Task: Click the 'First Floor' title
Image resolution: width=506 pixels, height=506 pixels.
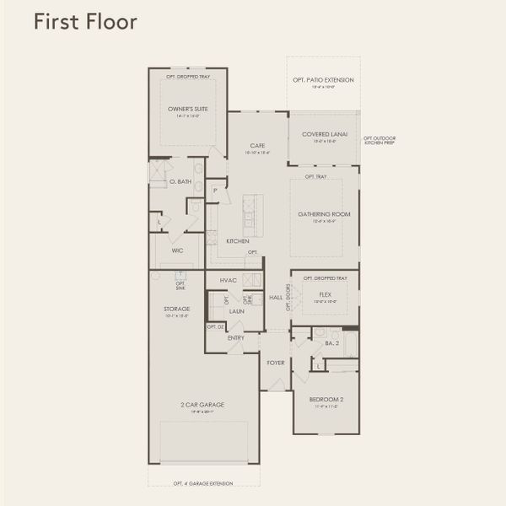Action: [x=85, y=22]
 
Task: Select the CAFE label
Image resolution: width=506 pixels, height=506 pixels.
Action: [x=258, y=145]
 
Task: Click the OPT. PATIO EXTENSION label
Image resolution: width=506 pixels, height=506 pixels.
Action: [x=323, y=80]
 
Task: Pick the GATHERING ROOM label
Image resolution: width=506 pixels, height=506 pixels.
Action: [x=323, y=214]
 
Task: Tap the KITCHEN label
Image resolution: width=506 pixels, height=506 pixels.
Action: [x=237, y=241]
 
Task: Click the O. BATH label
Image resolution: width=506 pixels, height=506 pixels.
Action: [x=179, y=181]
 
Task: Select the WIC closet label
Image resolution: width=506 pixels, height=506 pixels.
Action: [x=177, y=250]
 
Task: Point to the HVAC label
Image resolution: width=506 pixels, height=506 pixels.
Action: [x=228, y=279]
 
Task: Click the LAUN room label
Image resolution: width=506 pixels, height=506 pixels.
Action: [x=236, y=311]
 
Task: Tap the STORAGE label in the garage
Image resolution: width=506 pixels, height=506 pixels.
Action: [x=177, y=309]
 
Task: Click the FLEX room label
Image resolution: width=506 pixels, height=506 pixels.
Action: [x=325, y=295]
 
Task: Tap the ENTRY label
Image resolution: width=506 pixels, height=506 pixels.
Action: [x=236, y=337]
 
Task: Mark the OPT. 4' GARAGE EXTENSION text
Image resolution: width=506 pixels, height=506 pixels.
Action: [x=203, y=483]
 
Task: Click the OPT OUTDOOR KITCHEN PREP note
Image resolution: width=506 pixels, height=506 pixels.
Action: [x=379, y=141]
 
